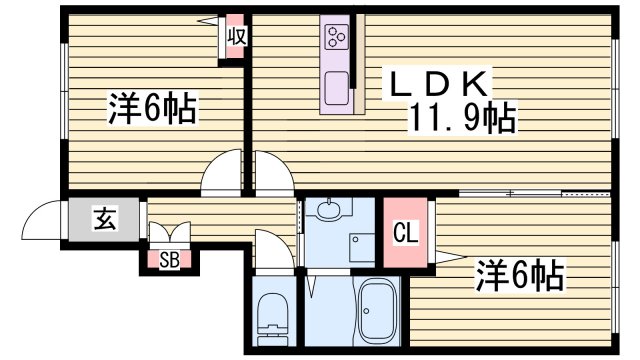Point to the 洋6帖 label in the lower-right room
coord(519,272)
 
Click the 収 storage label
coord(236,36)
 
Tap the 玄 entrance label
coord(104,217)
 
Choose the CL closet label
coord(406,237)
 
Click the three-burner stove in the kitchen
coord(335,38)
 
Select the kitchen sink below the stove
coord(335,86)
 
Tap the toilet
coord(272,318)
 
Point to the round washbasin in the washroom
coord(329,210)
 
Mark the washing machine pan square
coord(361,247)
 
